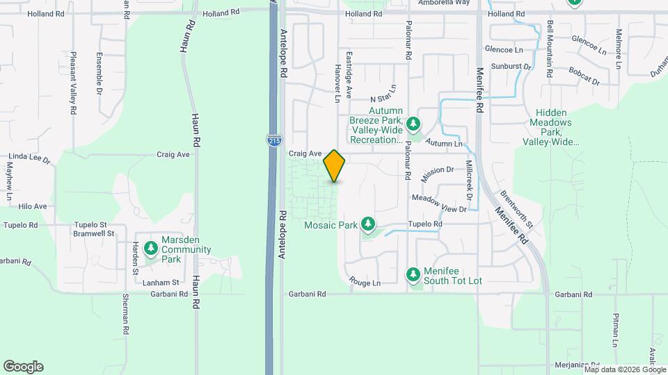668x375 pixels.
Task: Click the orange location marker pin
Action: click(x=335, y=166)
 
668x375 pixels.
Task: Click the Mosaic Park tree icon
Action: click(x=368, y=224)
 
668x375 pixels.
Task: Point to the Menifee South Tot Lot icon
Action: click(x=413, y=275)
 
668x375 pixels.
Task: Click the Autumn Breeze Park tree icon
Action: click(x=414, y=124)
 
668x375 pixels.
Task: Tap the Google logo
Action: click(x=23, y=366)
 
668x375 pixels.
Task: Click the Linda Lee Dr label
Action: click(x=27, y=158)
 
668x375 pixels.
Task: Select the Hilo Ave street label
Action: click(x=32, y=206)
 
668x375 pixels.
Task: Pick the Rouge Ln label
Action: click(x=365, y=283)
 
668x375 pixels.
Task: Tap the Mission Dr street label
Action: click(x=437, y=169)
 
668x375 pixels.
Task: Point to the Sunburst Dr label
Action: click(x=511, y=66)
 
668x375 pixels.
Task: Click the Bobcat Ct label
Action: click(x=583, y=76)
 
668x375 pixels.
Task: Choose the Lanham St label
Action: click(x=161, y=282)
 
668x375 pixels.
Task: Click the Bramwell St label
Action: click(x=93, y=234)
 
